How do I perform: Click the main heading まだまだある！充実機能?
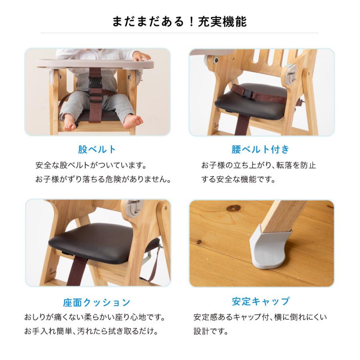(x=180, y=22)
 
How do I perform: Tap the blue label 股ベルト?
(x=97, y=150)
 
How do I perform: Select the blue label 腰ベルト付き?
(x=260, y=150)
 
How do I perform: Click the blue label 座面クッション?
(x=97, y=302)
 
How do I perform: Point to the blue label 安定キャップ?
(x=260, y=301)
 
